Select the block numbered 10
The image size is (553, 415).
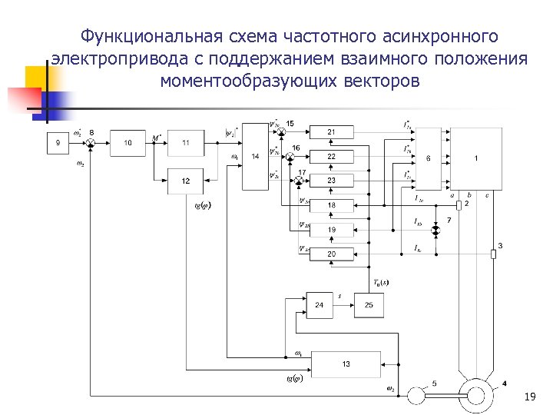point(128,143)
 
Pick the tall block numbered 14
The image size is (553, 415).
point(255,157)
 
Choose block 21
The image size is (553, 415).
point(331,132)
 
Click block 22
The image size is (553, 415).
point(331,156)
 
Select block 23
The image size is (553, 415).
point(331,181)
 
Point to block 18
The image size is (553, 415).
point(331,205)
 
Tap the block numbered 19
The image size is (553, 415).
point(331,230)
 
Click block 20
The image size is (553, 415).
point(331,254)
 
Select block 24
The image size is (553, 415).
point(320,305)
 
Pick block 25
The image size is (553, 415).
point(369,305)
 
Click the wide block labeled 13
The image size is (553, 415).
point(346,364)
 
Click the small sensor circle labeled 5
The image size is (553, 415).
point(420,394)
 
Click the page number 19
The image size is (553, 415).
point(528,397)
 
